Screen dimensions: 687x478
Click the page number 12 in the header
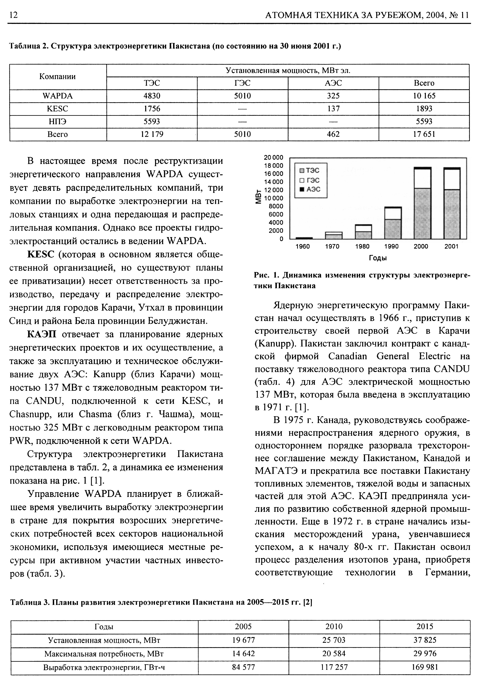tap(14, 15)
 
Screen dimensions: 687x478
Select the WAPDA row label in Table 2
tap(58, 96)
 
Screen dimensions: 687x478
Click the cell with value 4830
tap(152, 96)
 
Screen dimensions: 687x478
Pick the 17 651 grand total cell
tap(424, 134)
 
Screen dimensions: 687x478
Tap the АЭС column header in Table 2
tap(333, 83)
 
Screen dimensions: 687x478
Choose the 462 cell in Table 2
tap(333, 134)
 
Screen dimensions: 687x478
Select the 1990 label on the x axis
tap(392, 246)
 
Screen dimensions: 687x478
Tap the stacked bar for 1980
tap(363, 232)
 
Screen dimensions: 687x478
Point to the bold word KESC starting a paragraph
tap(41, 255)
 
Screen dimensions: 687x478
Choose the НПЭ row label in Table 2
tap(58, 122)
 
